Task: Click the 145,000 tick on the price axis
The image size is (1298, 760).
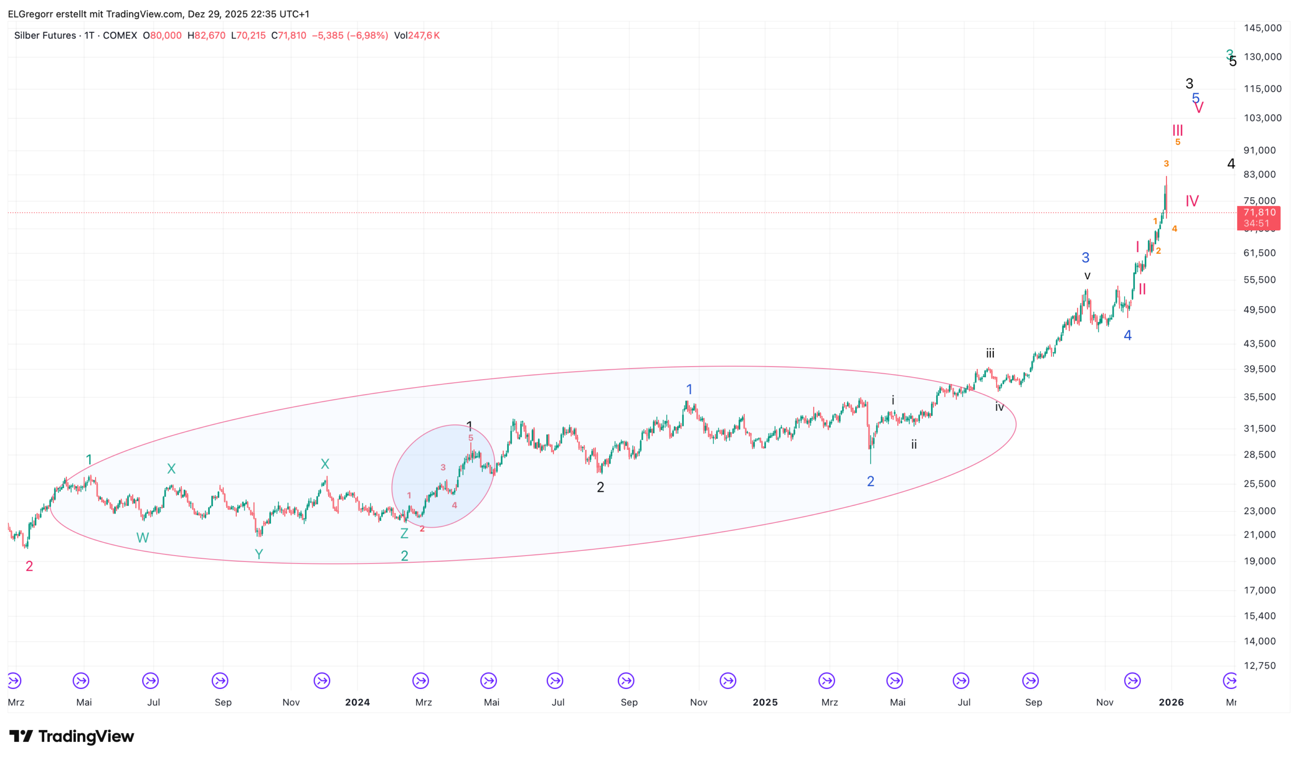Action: (x=1262, y=28)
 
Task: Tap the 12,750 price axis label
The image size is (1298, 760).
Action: (x=1260, y=666)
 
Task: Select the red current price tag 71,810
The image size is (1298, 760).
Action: (x=1259, y=217)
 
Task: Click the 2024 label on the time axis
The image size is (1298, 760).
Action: (x=357, y=702)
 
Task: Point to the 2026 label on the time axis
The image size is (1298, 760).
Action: (x=1171, y=702)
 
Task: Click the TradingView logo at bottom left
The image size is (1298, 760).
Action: (x=72, y=736)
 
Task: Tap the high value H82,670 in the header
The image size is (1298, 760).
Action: (x=206, y=35)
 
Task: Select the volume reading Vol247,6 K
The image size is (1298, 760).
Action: (x=416, y=35)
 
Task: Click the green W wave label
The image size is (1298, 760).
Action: (x=142, y=537)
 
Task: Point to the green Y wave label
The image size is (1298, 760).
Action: (x=259, y=555)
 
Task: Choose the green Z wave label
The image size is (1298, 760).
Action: (x=404, y=533)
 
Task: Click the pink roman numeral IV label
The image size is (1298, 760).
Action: (x=1192, y=201)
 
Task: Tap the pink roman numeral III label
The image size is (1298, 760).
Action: (x=1177, y=130)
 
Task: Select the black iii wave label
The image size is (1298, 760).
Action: (x=990, y=354)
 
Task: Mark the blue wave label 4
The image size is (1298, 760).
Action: (x=1127, y=336)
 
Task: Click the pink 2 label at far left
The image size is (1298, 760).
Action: (x=29, y=566)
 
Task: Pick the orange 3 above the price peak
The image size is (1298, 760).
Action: (x=1166, y=164)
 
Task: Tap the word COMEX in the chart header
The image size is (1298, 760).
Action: (x=119, y=35)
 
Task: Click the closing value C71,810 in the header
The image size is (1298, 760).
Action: (x=289, y=35)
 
